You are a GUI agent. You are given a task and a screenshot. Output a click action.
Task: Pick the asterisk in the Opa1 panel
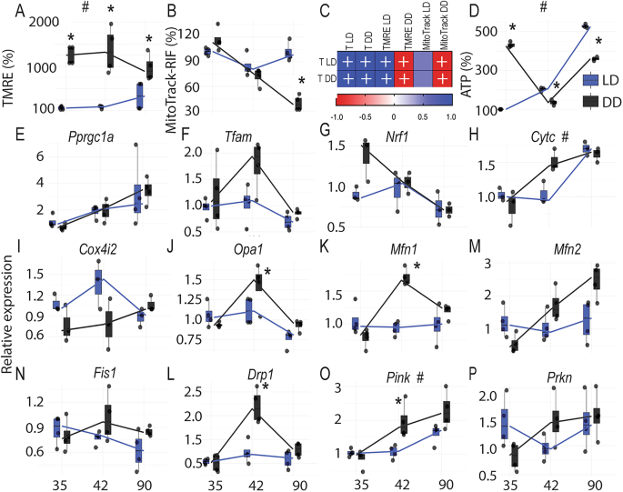coord(267,272)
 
